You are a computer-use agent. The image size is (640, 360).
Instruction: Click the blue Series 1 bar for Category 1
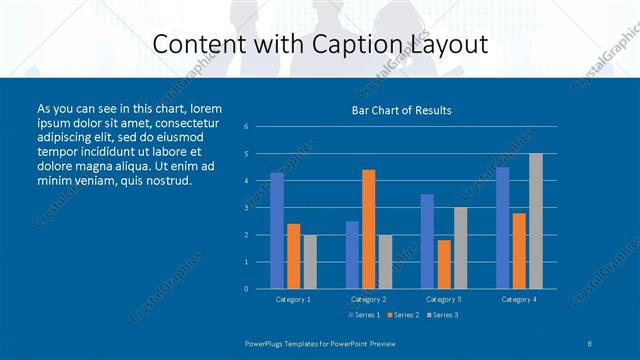276,230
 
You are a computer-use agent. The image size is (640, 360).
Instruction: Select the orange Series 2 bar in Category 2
368,229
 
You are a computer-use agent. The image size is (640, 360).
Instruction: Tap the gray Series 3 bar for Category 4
535,221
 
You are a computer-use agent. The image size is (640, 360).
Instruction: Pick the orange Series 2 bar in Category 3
443,264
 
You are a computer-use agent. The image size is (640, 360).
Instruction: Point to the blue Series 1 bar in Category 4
502,228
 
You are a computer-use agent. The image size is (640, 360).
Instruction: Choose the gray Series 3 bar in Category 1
310,261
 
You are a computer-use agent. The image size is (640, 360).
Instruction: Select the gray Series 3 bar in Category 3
460,248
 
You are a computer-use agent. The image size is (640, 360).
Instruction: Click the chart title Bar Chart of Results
401,110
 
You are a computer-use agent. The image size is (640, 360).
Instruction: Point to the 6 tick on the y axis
246,127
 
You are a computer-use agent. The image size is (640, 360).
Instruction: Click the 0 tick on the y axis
246,289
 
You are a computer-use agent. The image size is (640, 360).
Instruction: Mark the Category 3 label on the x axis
443,299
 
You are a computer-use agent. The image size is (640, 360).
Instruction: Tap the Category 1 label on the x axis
293,299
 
